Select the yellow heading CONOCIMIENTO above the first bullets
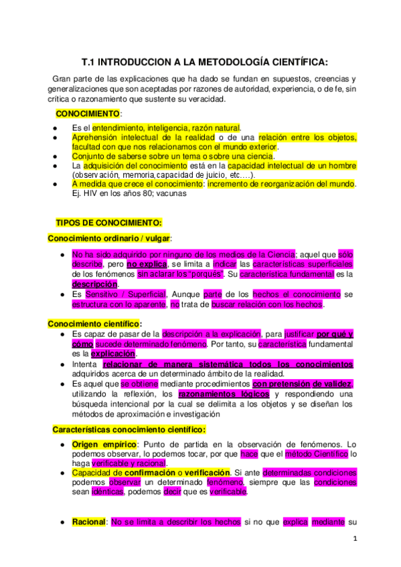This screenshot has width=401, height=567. (x=88, y=114)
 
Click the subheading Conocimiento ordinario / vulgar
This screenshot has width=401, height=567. (x=109, y=237)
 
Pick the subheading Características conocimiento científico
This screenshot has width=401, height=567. (x=129, y=429)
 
